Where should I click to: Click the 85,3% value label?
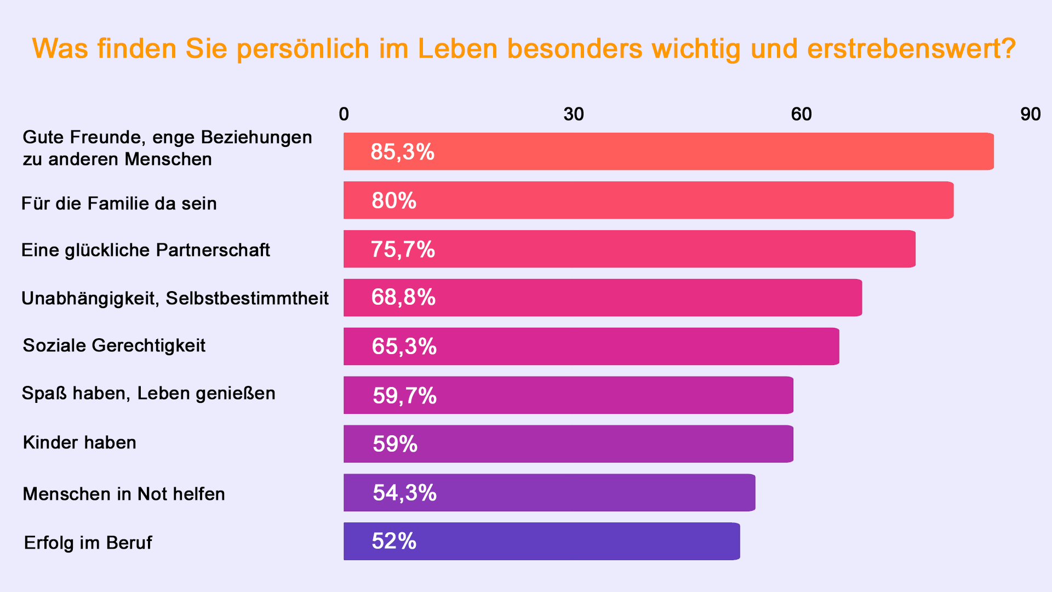tap(402, 152)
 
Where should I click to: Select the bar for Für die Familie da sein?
tap(648, 200)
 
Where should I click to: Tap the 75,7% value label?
tap(403, 249)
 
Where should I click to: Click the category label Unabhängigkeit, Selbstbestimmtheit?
tap(175, 298)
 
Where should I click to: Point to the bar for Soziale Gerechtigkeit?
tap(591, 346)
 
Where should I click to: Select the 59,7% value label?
tap(404, 395)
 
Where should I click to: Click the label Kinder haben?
tap(79, 442)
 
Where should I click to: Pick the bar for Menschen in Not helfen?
tap(549, 493)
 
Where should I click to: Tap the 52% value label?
tap(394, 542)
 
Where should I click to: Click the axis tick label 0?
tap(344, 114)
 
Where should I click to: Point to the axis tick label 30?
tap(573, 114)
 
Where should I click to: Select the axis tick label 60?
tap(801, 114)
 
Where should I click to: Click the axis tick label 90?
tap(1030, 114)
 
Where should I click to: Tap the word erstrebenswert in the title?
tap(904, 49)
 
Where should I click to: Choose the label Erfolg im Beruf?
tap(88, 543)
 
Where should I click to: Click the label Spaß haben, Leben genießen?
tap(148, 393)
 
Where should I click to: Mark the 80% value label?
tap(394, 201)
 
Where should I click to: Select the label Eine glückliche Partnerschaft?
tap(145, 250)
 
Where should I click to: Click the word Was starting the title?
tap(60, 49)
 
